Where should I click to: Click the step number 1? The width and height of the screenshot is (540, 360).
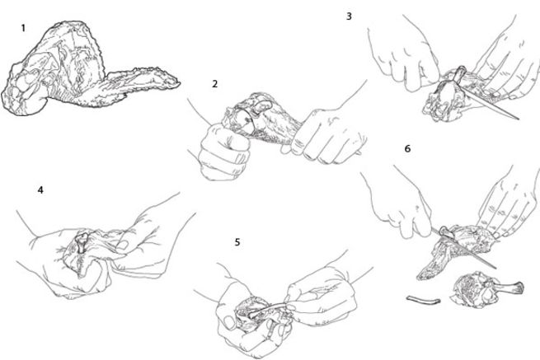23,28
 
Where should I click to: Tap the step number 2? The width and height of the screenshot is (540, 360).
215,84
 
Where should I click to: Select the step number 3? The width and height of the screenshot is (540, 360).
349,16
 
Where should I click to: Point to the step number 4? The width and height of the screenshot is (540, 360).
40,190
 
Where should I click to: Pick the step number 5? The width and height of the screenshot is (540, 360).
237,242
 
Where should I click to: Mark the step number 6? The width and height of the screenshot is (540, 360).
407,149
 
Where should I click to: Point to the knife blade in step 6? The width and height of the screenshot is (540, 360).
474,251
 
